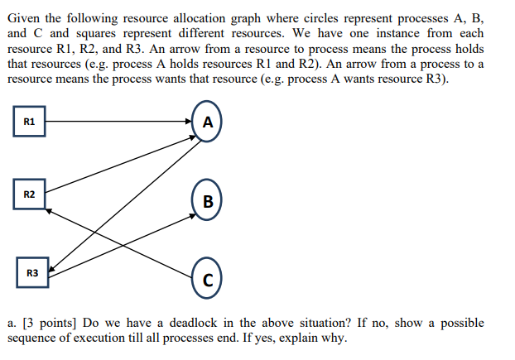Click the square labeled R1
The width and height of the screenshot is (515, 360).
[x=29, y=122]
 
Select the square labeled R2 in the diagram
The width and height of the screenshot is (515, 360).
[x=29, y=194]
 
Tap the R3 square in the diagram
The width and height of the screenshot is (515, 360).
[x=32, y=271]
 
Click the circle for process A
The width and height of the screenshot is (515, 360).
[x=207, y=122]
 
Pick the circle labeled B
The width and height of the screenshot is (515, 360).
[x=207, y=199]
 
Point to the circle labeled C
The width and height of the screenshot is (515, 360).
[x=207, y=278]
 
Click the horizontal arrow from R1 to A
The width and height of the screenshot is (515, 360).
[x=116, y=122]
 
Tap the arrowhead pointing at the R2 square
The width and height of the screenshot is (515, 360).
[x=49, y=210]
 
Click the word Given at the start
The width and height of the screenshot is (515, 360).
[x=24, y=19]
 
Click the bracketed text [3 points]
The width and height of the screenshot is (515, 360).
[x=53, y=322]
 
